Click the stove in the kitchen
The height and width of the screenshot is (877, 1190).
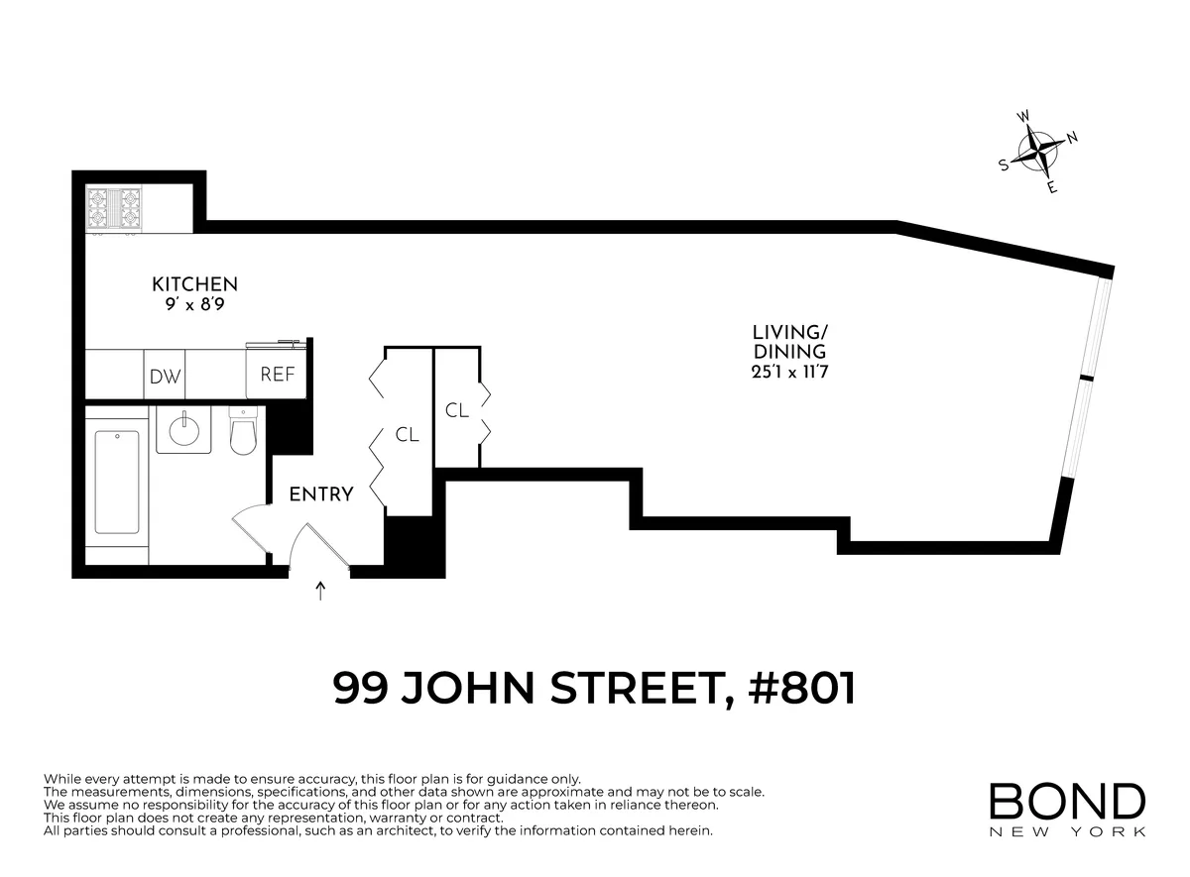click(114, 209)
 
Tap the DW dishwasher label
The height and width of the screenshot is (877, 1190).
click(165, 377)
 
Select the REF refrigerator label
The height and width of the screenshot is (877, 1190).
click(277, 375)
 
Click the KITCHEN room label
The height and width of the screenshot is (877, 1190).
click(194, 283)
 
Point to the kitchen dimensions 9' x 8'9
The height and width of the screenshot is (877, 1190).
click(194, 305)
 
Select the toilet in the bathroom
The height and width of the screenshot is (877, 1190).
click(243, 432)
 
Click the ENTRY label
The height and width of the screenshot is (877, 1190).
click(320, 494)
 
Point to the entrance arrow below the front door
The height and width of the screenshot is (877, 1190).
click(320, 592)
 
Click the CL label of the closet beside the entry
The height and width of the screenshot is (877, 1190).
click(407, 434)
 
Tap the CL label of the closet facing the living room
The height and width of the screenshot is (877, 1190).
click(456, 409)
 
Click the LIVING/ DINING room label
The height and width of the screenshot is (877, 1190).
click(788, 342)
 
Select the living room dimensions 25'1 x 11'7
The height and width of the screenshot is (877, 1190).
click(788, 373)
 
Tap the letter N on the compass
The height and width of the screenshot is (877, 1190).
click(1071, 138)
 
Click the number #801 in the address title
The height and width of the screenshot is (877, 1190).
click(804, 688)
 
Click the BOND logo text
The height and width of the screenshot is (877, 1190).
click(1067, 802)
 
